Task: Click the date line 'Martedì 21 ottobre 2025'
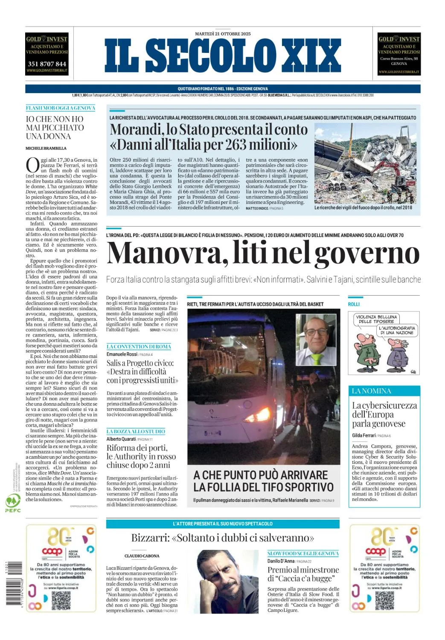(x=223, y=34)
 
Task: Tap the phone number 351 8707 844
(x=47, y=64)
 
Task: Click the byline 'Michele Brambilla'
(x=46, y=148)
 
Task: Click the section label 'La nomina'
(x=372, y=391)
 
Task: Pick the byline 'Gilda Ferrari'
(x=364, y=435)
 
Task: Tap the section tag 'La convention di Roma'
(x=139, y=346)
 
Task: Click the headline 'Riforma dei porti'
(x=137, y=448)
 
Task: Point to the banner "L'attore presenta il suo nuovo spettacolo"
(x=223, y=524)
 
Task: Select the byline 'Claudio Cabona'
(x=142, y=556)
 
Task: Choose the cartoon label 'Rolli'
(x=354, y=304)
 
